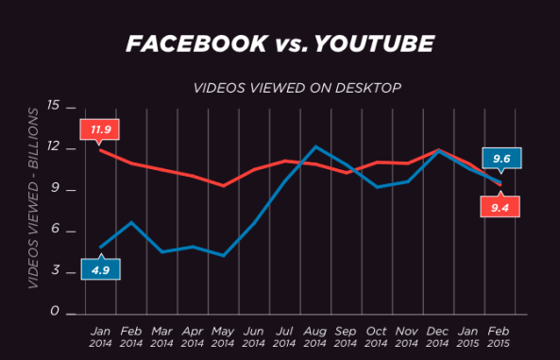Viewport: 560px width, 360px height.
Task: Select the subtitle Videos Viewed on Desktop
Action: pos(297,88)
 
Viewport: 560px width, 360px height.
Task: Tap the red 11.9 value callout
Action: pos(97,129)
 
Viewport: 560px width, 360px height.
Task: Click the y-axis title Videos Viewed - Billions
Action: pos(32,210)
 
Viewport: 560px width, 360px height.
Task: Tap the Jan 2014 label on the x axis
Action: pos(99,338)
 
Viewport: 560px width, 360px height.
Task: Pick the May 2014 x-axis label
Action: pos(222,338)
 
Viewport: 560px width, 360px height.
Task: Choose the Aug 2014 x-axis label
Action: pos(315,338)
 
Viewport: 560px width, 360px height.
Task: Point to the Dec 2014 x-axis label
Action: pos(436,338)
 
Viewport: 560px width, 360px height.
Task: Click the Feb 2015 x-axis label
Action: pos(499,338)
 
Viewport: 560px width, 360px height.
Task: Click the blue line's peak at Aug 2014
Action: pos(316,147)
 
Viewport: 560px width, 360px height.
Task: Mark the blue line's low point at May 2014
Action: pos(223,255)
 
